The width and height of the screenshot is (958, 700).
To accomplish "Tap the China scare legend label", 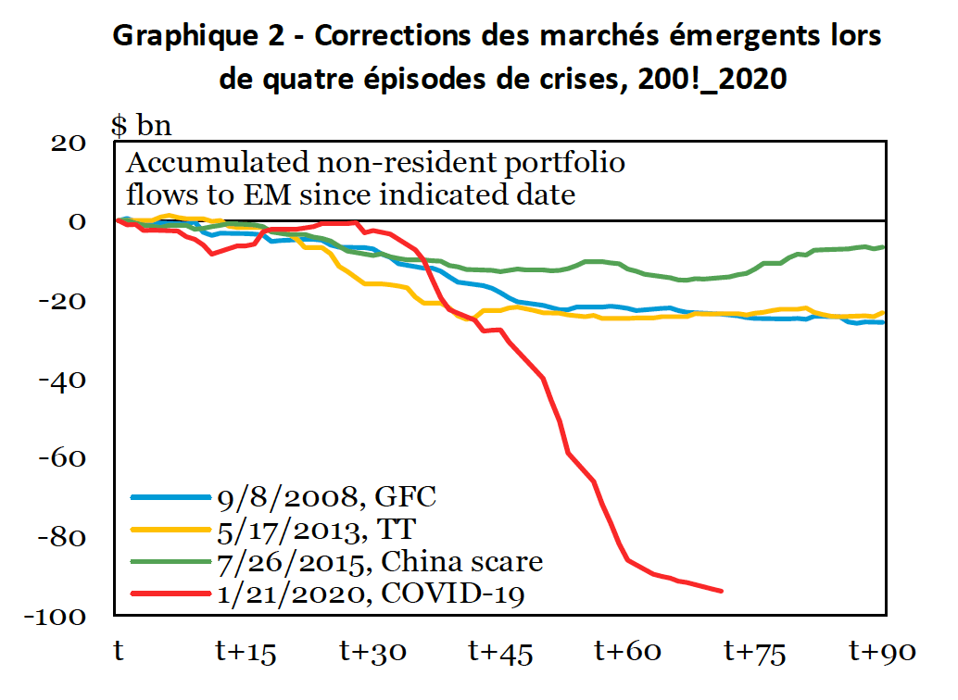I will (380, 561).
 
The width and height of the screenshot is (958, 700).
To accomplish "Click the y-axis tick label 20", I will (70, 143).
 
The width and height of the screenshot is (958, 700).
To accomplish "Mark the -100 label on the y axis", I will (57, 617).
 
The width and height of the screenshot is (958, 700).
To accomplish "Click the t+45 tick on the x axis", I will (500, 653).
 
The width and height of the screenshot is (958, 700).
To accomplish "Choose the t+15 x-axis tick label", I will (246, 653).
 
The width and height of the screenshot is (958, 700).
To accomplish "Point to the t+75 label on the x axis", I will (755, 653).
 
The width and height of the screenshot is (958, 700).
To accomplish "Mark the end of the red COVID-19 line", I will (722, 591).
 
